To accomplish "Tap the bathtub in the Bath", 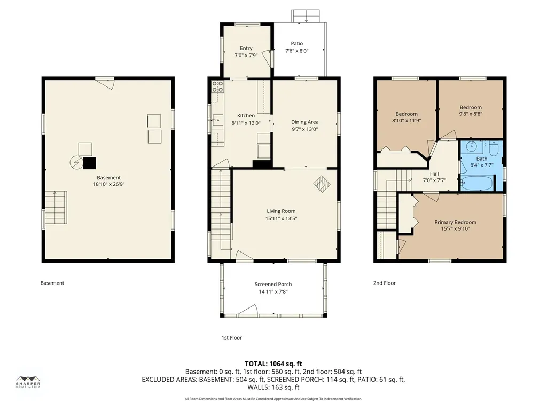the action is tap(476, 183).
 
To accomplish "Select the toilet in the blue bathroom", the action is tap(493, 149).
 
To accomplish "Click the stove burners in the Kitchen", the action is tap(218, 86).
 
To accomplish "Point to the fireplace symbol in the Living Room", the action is tap(322, 184).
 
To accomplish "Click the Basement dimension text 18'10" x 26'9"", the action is tap(109, 184).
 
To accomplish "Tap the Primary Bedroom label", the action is tap(455, 222).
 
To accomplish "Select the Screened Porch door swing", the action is tap(248, 310).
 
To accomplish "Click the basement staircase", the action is tap(56, 208).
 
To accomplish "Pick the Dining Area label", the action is tap(305, 122).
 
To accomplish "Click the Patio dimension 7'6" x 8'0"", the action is tap(297, 51).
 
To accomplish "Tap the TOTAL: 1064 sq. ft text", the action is tap(273, 364).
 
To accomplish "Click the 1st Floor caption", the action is tap(232, 337).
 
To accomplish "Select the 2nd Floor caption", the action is tap(385, 283).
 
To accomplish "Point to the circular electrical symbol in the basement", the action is tap(76, 163).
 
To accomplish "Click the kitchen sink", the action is tap(218, 120).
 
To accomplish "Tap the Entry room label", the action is tap(246, 48).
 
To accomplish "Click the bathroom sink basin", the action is tap(472, 146).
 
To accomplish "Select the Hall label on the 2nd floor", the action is tap(434, 174).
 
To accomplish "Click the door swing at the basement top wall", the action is tap(105, 84).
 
